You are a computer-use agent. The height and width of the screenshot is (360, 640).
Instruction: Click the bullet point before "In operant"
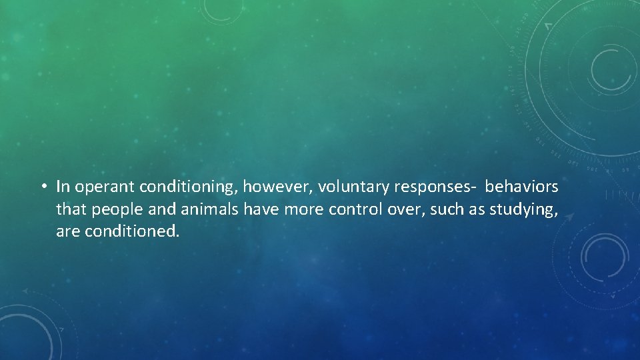(43, 187)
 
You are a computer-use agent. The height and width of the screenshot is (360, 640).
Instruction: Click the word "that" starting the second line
(69, 210)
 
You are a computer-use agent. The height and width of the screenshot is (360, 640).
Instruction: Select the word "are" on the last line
(67, 233)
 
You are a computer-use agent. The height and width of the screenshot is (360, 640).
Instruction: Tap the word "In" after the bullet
(63, 187)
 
